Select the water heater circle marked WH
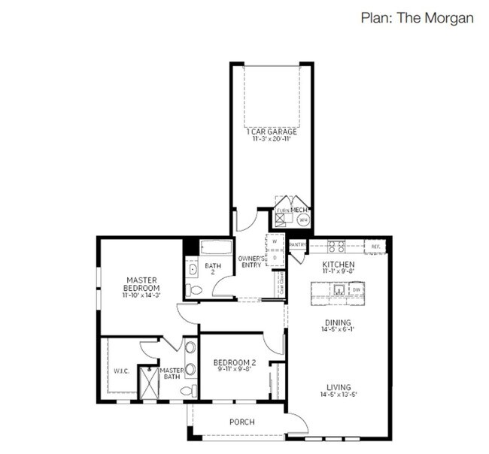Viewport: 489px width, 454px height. coord(302,219)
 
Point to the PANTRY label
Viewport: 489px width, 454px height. coord(298,244)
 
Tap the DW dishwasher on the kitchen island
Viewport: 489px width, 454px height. coord(357,289)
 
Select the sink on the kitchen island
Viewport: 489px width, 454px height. coord(339,289)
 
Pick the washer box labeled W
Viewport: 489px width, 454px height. coord(274,241)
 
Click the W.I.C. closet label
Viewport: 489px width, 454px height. coord(121,371)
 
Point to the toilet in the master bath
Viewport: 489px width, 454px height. coord(192,390)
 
